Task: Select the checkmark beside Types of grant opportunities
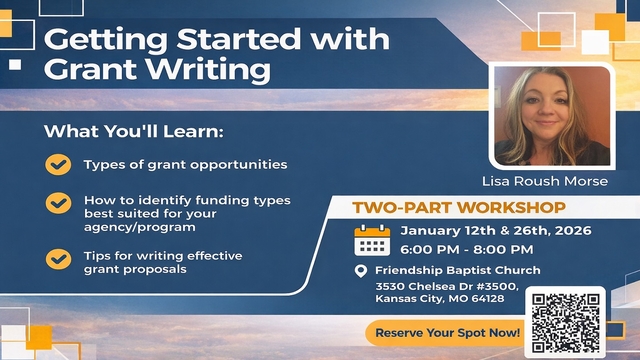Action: (59, 164)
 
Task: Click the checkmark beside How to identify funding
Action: (59, 204)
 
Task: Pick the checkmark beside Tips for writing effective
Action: (59, 258)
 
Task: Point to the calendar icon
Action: (372, 240)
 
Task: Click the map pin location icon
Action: (361, 271)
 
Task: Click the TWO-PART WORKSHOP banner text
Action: (458, 208)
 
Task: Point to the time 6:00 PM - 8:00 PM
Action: (465, 249)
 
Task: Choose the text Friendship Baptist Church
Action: (458, 271)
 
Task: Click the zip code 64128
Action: (488, 298)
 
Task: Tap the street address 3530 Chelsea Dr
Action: (421, 286)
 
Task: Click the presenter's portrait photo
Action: (551, 116)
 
